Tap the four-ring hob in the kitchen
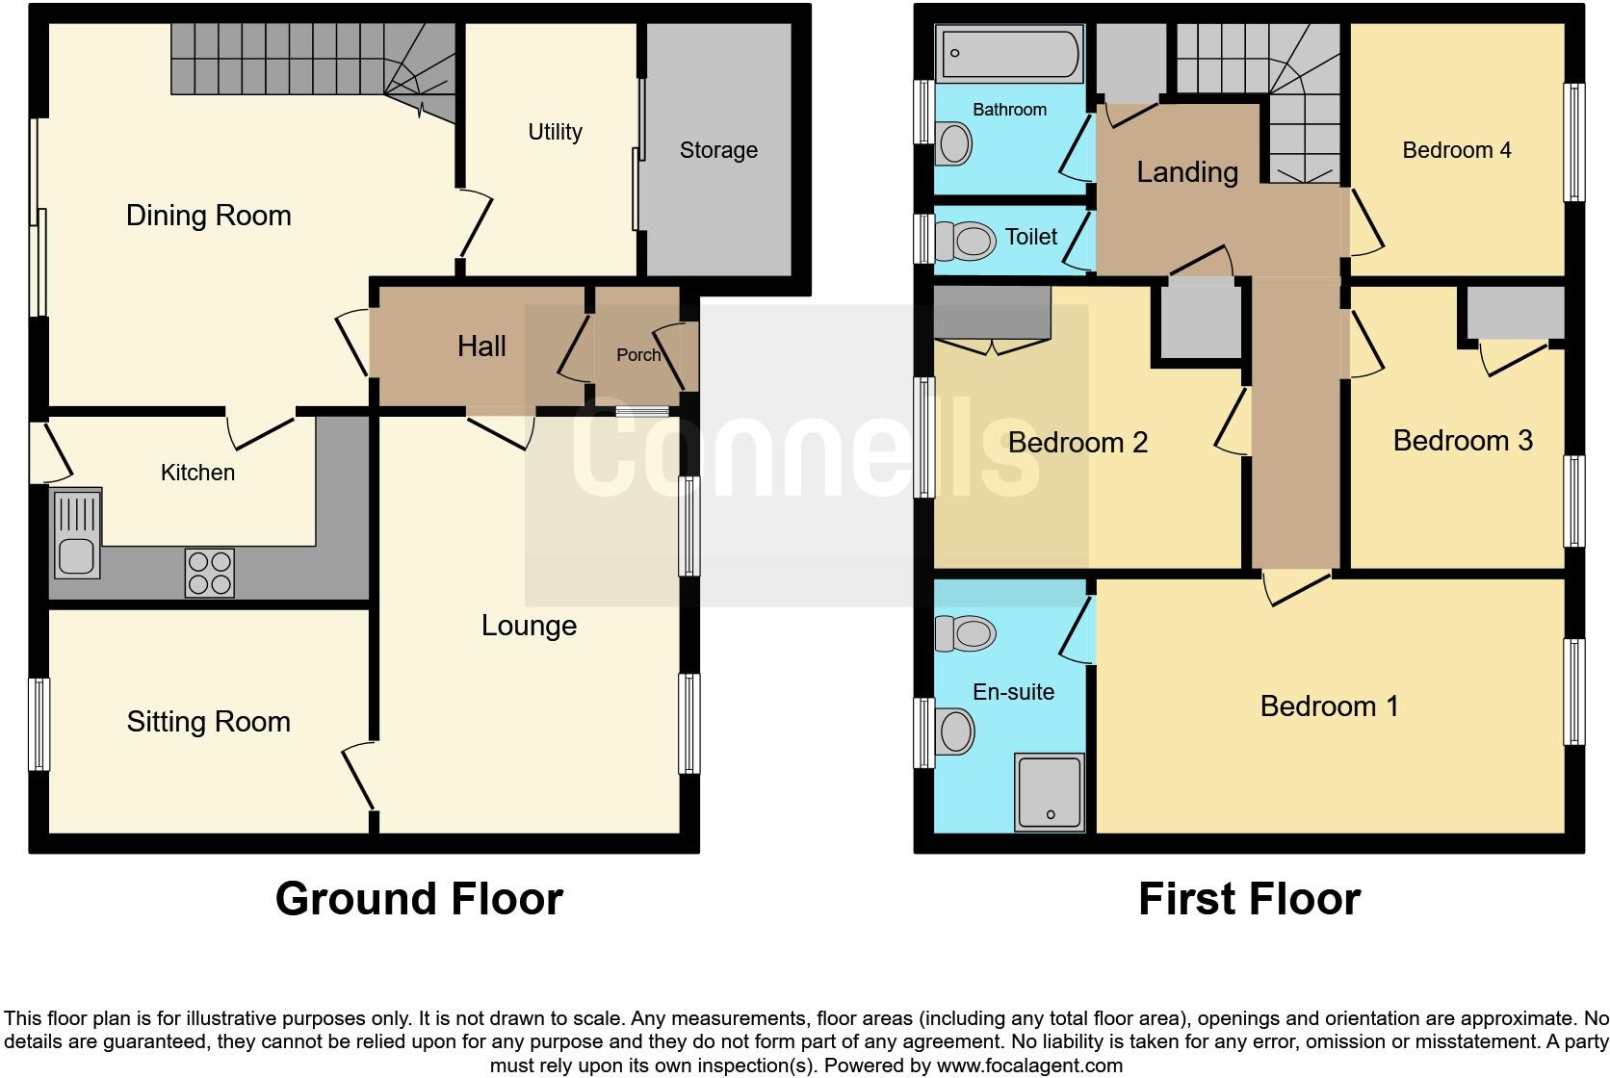point(209,573)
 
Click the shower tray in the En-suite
point(1049,793)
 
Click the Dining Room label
point(208,216)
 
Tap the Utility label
point(555,132)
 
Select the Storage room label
point(718,150)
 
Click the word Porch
point(637,355)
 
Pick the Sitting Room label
point(208,722)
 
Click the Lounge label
point(529,626)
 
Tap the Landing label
point(1186,172)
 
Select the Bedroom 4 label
point(1456,150)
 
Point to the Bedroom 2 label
point(1078,443)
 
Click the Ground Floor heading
point(419,899)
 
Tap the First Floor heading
point(1249,899)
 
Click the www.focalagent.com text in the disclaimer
point(1028,1065)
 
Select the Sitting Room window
point(39,724)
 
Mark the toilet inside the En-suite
point(966,633)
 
